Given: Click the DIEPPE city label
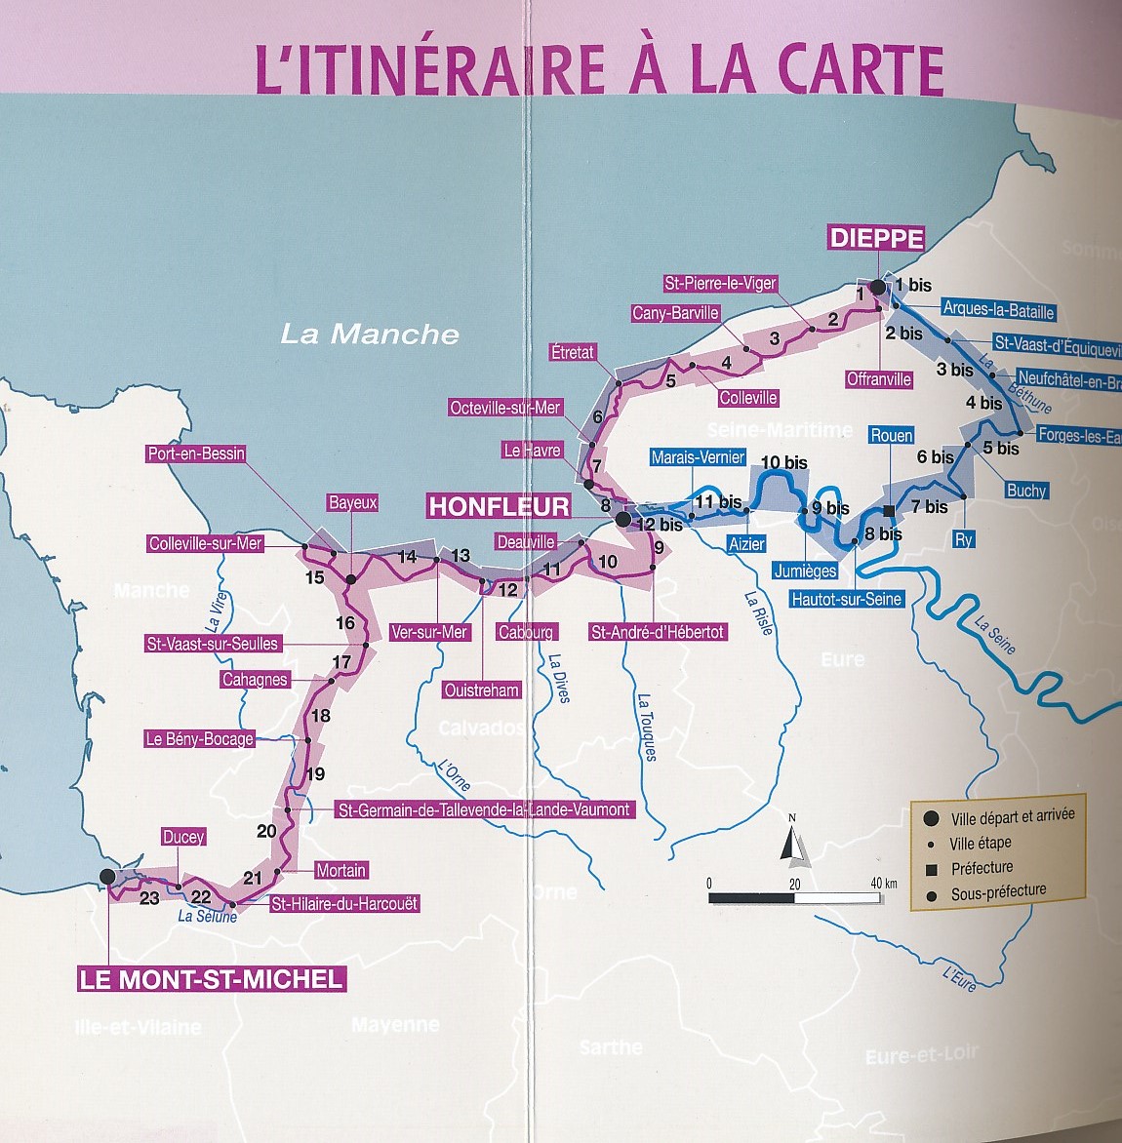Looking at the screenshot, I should click(876, 238).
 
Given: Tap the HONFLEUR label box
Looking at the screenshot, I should click(499, 506).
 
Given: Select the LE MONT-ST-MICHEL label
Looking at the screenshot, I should click(212, 979).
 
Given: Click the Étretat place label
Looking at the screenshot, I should click(572, 352).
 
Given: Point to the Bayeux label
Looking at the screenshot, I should click(352, 503).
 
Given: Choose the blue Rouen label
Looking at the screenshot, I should click(891, 436).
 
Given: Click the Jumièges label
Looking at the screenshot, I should click(805, 571).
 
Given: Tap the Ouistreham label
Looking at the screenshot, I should click(481, 690).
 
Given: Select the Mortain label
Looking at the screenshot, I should click(341, 870).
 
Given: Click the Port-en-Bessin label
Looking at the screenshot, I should click(196, 453).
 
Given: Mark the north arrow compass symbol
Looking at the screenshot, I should click(793, 841).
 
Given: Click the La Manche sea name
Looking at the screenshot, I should click(370, 335).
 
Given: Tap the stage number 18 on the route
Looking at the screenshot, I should click(320, 716).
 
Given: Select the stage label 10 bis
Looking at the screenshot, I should click(783, 462).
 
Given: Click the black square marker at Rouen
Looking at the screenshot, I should click(889, 511).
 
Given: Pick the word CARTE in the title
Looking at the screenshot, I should click(861, 70).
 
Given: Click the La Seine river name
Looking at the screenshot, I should click(995, 636).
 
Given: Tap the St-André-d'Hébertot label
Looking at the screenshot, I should click(658, 632).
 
